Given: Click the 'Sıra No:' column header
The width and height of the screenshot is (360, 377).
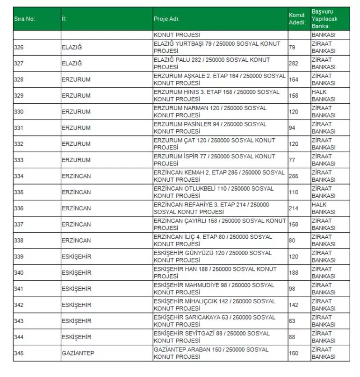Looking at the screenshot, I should coord(24,19).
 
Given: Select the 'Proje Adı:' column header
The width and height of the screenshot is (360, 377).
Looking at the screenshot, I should coord(166,19).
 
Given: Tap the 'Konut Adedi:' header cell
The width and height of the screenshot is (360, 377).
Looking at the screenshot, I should coord(296,19).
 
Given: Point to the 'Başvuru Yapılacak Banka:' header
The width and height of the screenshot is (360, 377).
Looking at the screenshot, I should coord(324,19).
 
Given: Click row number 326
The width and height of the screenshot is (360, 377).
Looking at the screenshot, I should coord(19,47).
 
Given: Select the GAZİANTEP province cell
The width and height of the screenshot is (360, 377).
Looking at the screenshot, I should coord(78,353).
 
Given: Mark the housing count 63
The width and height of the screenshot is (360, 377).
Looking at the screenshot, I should coord(292,321).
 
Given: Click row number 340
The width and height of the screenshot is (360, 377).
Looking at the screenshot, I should coord(19,273).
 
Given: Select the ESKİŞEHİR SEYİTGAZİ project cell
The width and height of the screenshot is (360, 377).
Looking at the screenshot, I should coord(211,337).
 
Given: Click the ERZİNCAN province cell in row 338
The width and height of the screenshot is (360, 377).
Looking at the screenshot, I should coord(76,241).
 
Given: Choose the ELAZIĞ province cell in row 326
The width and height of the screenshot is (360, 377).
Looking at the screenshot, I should coord(72,47).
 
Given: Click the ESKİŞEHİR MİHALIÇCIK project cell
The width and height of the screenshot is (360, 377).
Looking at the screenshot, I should coord(214,305).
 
